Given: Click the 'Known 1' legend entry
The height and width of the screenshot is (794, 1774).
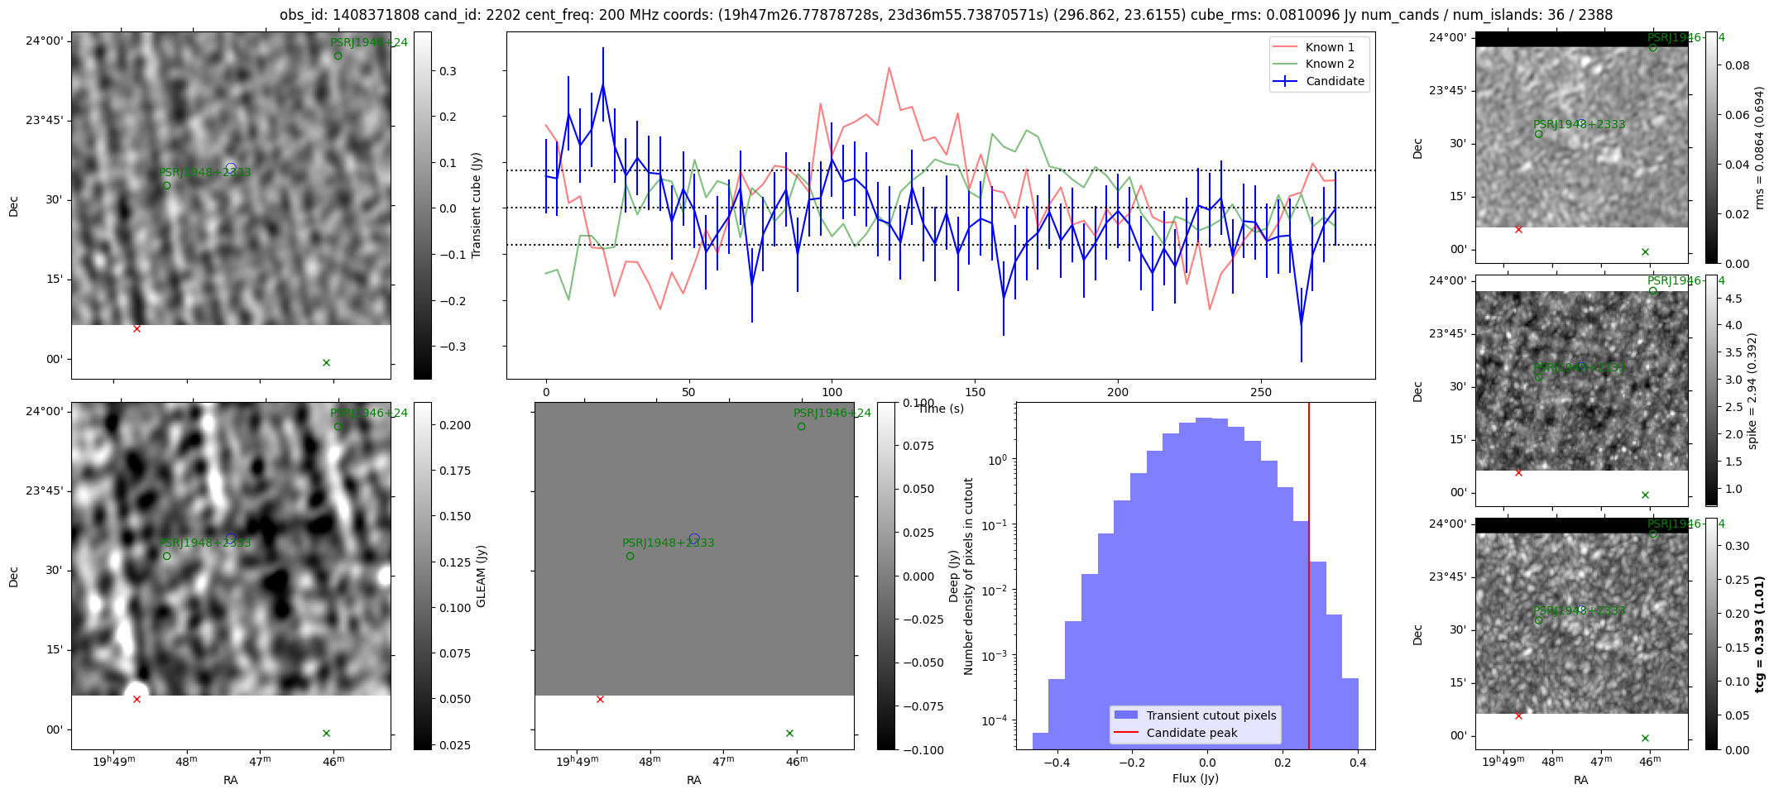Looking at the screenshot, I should pyautogui.click(x=1329, y=47).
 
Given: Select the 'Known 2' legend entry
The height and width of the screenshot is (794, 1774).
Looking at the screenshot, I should pyautogui.click(x=1329, y=64).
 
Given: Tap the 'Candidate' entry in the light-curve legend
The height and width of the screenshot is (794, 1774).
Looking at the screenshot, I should pyautogui.click(x=1335, y=81).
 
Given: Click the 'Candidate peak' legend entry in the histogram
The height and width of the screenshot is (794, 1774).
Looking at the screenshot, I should pyautogui.click(x=1191, y=733).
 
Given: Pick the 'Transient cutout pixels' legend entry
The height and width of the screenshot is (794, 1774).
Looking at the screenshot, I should pyautogui.click(x=1211, y=715).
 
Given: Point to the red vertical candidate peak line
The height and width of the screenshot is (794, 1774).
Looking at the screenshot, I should pyautogui.click(x=1309, y=579).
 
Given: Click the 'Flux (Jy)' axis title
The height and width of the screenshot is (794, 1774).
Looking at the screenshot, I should pyautogui.click(x=1195, y=778).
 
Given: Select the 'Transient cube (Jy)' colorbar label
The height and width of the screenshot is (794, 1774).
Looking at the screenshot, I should pyautogui.click(x=477, y=205).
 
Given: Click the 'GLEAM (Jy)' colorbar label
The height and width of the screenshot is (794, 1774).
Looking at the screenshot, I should pyautogui.click(x=481, y=576).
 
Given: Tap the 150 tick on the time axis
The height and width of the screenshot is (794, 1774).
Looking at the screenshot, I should pyautogui.click(x=975, y=392).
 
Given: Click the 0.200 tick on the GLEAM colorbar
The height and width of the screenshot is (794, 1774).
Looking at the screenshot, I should pyautogui.click(x=454, y=425).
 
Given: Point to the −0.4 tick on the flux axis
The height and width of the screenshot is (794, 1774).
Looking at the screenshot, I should pyautogui.click(x=1056, y=763).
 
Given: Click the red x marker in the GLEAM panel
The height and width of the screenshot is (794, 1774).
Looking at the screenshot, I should pyautogui.click(x=137, y=700).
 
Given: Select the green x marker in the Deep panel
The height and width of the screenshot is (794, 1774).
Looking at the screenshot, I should pyautogui.click(x=789, y=733).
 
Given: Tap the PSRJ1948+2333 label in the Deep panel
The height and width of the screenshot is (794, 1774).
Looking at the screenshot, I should pyautogui.click(x=668, y=543).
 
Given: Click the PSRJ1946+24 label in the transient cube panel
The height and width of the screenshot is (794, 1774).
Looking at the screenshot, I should pyautogui.click(x=368, y=42).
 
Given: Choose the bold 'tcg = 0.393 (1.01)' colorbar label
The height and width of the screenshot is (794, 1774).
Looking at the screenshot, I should pyautogui.click(x=1760, y=634).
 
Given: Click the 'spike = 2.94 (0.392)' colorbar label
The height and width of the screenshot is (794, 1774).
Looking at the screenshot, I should pyautogui.click(x=1752, y=390).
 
